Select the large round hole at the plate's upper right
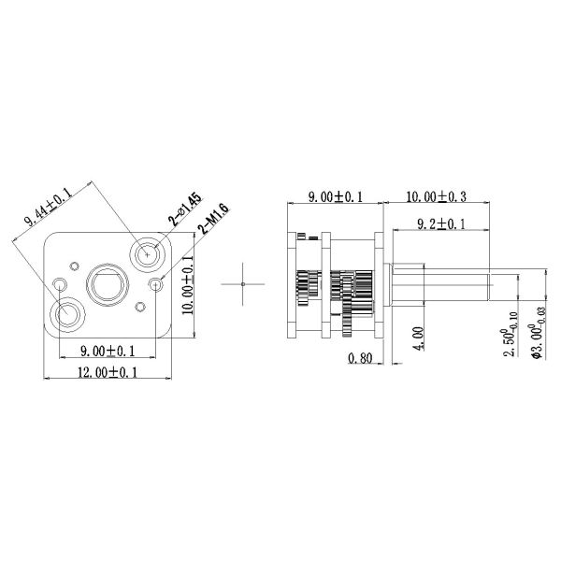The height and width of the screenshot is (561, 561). click(147, 253)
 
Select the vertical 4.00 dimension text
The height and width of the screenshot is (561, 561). click(417, 336)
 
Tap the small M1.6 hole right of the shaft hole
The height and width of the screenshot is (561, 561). click(155, 282)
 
